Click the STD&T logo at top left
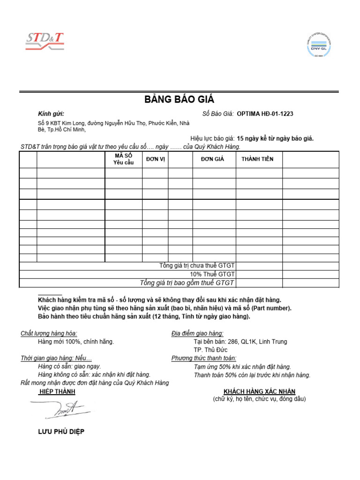pyautogui.click(x=45, y=41)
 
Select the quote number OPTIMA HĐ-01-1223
pyautogui.click(x=265, y=114)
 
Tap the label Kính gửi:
pyautogui.click(x=51, y=114)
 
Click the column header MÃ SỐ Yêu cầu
pyautogui.click(x=123, y=159)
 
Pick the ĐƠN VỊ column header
pyautogui.click(x=155, y=159)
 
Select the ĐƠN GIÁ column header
pyautogui.click(x=212, y=159)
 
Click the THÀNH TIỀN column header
pyautogui.click(x=257, y=159)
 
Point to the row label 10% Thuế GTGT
pyautogui.click(x=212, y=274)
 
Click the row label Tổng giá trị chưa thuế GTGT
pyautogui.click(x=197, y=266)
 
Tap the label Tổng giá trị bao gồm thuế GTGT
pyautogui.click(x=187, y=283)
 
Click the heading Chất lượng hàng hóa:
pyautogui.click(x=49, y=334)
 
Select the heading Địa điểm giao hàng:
pyautogui.click(x=197, y=334)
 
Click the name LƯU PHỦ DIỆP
pyautogui.click(x=61, y=432)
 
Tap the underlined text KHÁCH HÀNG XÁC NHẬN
pyautogui.click(x=259, y=391)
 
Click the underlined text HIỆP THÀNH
pyautogui.click(x=57, y=391)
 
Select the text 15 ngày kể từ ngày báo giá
pyautogui.click(x=275, y=139)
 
